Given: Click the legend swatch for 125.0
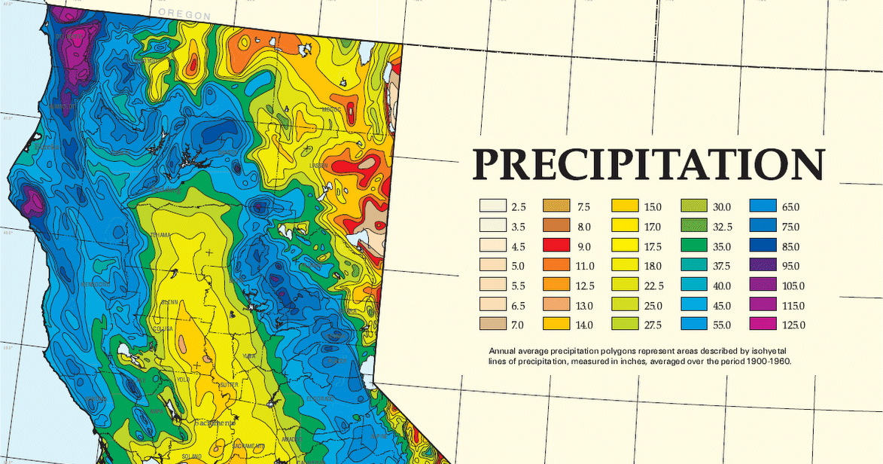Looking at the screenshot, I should coord(763,325).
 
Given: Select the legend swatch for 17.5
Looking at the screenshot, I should coord(626,246).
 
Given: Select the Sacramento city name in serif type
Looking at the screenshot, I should coord(215,423).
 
